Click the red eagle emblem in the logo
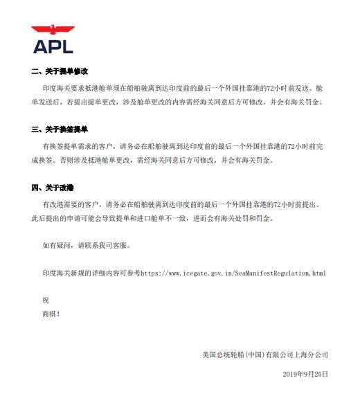click(x=53, y=30)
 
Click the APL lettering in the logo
click(x=53, y=46)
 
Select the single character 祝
click(x=46, y=299)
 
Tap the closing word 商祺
click(x=51, y=314)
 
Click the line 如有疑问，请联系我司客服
click(x=86, y=245)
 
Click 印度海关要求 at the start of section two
click(x=64, y=89)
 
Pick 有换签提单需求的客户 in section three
click(x=78, y=147)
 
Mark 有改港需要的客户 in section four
click(x=72, y=205)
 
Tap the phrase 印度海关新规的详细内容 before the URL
click(x=85, y=273)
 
